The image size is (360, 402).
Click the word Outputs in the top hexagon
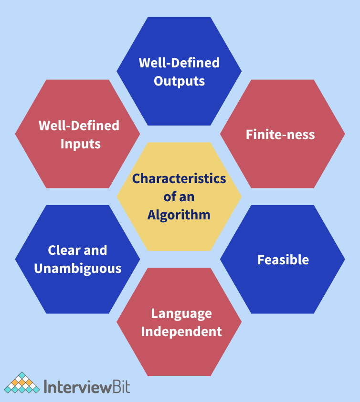[x=179, y=81]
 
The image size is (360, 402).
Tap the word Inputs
[x=80, y=143]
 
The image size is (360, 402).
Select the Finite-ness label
[x=280, y=134]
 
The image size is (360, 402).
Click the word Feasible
[x=283, y=260]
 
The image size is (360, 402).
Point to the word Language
[x=181, y=314]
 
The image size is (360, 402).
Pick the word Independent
[x=181, y=331]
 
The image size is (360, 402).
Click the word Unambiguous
[x=77, y=268]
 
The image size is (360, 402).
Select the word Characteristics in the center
[x=179, y=179]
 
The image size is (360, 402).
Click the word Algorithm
[x=179, y=215]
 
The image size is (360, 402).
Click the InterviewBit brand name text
[x=86, y=386]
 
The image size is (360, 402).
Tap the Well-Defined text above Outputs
[x=179, y=63]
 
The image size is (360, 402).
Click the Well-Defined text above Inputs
[x=79, y=125]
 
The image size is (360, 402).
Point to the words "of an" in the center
[x=179, y=197]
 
